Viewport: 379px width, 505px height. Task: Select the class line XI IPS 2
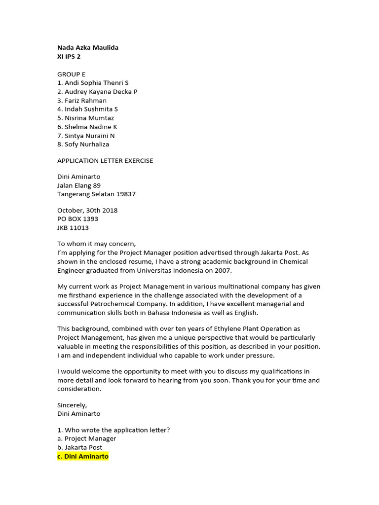(x=69, y=57)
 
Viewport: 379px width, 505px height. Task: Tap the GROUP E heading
(x=71, y=74)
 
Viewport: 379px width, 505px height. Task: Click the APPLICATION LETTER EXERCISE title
(x=105, y=161)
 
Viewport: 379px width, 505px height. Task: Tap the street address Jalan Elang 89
(x=79, y=185)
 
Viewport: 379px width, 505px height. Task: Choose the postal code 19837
(x=126, y=194)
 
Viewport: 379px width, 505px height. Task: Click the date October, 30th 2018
(x=87, y=211)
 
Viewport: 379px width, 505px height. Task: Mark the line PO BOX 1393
(x=77, y=219)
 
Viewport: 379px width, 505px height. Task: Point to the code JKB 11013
(x=73, y=228)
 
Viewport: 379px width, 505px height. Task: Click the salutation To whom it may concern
(x=96, y=244)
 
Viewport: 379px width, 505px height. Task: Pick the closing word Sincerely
(x=72, y=405)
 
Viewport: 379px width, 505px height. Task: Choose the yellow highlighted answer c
(x=82, y=457)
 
